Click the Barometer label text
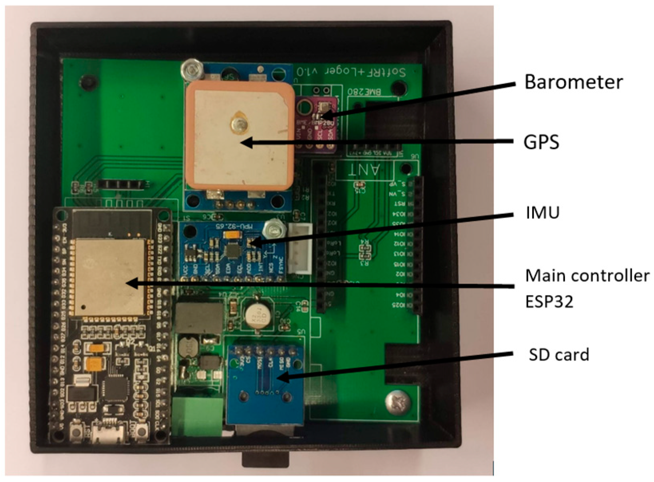(x=573, y=82)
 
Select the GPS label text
(x=541, y=142)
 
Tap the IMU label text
(x=543, y=212)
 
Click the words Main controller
(x=587, y=275)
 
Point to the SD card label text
(x=559, y=354)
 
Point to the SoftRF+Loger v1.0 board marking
(x=351, y=72)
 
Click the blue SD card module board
(x=264, y=383)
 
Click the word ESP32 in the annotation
(x=549, y=301)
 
